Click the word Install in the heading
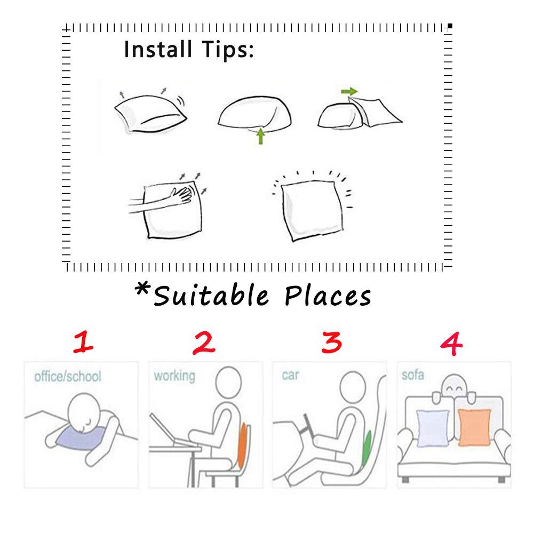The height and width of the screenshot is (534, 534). tap(158, 49)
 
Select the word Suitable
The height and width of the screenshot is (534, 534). tap(211, 295)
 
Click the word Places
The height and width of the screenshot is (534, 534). tap(328, 296)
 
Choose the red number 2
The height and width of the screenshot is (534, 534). tap(204, 343)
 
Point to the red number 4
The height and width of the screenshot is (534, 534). tap(451, 344)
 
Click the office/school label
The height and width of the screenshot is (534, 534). tap(68, 376)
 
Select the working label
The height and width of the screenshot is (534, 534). tap(174, 376)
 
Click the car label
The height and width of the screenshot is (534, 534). tap(290, 375)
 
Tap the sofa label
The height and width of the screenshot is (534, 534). tap(413, 375)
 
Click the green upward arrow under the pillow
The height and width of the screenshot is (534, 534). tap(260, 136)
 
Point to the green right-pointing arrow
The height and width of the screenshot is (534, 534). tap(349, 91)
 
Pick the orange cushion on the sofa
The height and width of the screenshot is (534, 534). tap(474, 427)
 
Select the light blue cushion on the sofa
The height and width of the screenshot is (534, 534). tap(433, 428)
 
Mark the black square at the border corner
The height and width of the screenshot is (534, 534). tap(450, 26)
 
